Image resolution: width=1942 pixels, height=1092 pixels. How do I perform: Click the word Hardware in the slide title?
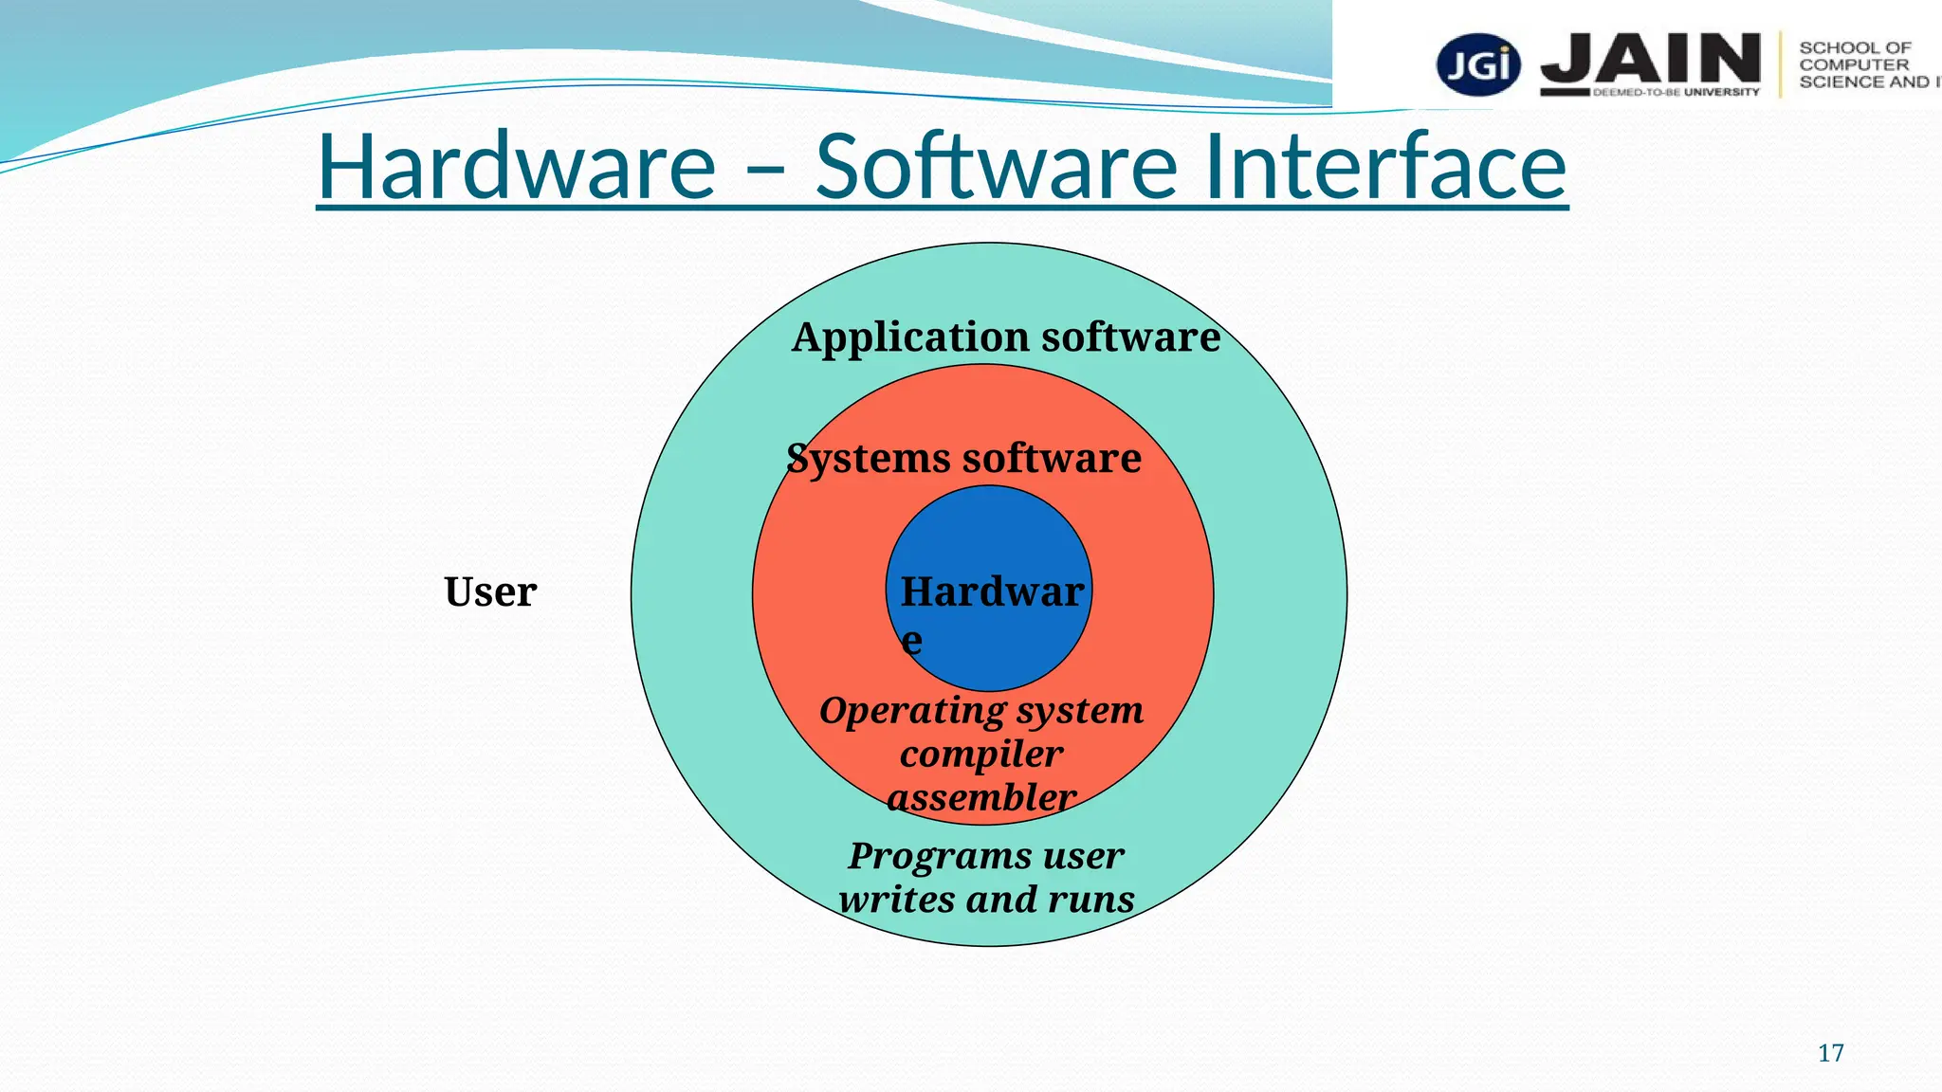tap(517, 167)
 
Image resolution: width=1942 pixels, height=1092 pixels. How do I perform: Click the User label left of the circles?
tap(490, 592)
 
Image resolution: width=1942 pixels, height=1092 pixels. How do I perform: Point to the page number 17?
tap(1830, 1053)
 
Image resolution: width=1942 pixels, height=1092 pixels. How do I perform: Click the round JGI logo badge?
tap(1478, 65)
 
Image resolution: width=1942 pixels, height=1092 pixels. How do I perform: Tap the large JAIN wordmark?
tap(1651, 59)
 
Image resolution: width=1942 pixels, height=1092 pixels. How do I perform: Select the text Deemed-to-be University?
tap(1676, 93)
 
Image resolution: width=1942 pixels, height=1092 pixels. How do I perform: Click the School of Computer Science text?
tap(1859, 64)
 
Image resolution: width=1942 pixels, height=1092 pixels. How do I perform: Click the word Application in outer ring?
tap(910, 337)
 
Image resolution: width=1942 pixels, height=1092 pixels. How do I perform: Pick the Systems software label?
tap(963, 459)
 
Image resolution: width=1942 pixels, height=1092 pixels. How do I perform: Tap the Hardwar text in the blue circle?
tap(992, 592)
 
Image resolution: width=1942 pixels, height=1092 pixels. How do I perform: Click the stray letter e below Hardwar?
tap(911, 642)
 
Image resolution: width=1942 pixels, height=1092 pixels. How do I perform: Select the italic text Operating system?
tap(981, 711)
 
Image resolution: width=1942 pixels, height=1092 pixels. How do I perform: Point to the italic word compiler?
tap(981, 755)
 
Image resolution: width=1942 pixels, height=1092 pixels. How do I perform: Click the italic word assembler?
tap(981, 798)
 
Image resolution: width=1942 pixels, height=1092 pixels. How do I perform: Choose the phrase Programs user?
tap(986, 856)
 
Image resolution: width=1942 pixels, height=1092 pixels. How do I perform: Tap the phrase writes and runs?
tap(986, 900)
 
